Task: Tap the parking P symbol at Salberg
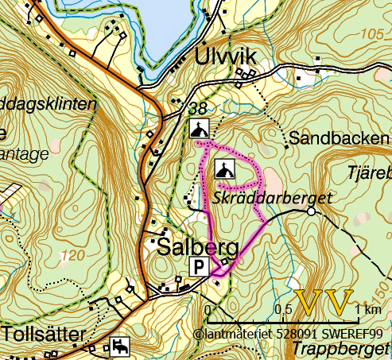click(x=198, y=266)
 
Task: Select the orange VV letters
click(x=324, y=304)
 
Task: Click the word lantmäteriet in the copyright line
click(x=235, y=335)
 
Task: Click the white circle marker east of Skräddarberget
click(x=311, y=212)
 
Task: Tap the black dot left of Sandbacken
click(x=285, y=146)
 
